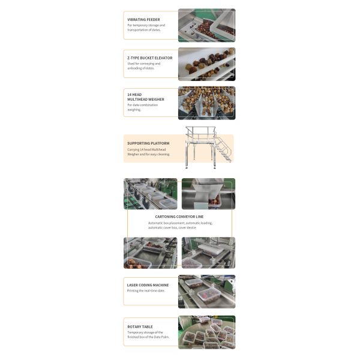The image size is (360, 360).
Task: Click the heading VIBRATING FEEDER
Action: (x=143, y=19)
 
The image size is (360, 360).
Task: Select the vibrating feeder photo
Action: (x=206, y=25)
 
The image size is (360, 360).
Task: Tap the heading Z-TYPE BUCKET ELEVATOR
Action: (x=149, y=58)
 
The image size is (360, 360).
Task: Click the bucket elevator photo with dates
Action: (x=206, y=64)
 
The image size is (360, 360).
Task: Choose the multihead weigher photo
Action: (x=206, y=103)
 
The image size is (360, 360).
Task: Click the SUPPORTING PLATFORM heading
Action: (x=148, y=143)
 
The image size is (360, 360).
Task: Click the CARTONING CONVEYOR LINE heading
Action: (x=179, y=216)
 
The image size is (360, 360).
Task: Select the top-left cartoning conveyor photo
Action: (x=150, y=193)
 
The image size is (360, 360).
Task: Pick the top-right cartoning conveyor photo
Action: (x=208, y=193)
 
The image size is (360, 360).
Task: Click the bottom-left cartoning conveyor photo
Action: (x=150, y=253)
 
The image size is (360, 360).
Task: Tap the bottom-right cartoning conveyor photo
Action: (x=208, y=253)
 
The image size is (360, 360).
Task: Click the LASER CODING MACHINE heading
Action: (x=148, y=285)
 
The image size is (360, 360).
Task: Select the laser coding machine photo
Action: (x=206, y=292)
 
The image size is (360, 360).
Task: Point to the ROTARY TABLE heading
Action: (x=140, y=327)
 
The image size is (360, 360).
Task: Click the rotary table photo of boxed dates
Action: (x=206, y=332)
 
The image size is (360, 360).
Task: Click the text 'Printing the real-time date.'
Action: (x=146, y=291)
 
